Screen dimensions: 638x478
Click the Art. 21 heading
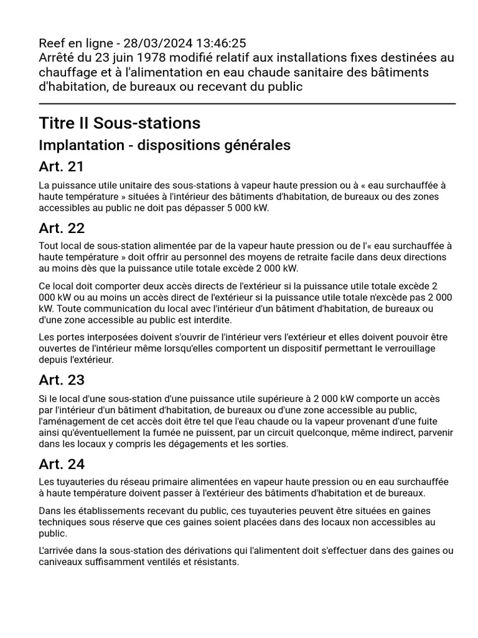click(61, 166)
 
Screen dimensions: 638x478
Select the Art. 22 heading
click(62, 227)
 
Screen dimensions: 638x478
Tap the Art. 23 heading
click(62, 379)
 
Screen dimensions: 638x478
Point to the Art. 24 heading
click(62, 464)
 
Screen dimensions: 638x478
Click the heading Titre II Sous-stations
click(119, 122)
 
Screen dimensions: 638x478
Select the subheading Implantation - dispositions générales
click(164, 145)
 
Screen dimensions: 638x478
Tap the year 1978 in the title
click(147, 58)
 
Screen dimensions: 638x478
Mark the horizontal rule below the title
click(247, 103)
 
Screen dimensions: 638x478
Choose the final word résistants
click(215, 561)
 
